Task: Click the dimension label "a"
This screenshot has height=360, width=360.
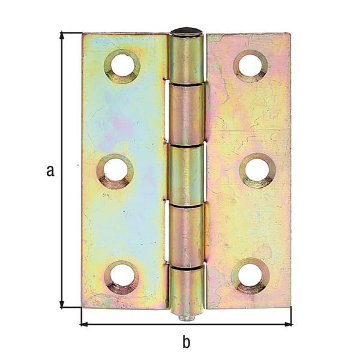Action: point(50,170)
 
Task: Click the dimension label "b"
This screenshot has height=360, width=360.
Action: point(187,341)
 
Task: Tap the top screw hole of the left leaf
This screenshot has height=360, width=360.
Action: point(122,67)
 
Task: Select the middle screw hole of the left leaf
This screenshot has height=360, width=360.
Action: point(115,171)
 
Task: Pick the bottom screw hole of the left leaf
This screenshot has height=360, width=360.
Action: point(122,277)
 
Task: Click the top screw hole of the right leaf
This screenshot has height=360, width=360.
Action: point(250,66)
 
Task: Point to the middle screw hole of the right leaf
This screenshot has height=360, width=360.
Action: point(257,170)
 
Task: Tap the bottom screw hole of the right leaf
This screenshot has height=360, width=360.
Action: point(250,276)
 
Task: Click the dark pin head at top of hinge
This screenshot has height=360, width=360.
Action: point(187,32)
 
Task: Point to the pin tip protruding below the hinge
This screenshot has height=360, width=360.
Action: point(187,318)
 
